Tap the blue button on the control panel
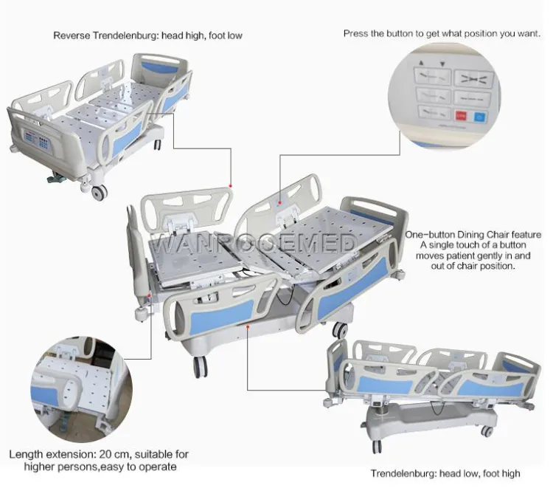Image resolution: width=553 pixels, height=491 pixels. pyautogui.click(x=479, y=117)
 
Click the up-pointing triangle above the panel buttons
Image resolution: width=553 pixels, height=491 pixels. pyautogui.click(x=421, y=63)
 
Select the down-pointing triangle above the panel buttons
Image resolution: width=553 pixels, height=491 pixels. pyautogui.click(x=442, y=64)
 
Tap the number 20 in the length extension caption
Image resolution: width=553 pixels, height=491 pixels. pyautogui.click(x=105, y=454)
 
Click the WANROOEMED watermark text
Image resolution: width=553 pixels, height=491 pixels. pyautogui.click(x=255, y=243)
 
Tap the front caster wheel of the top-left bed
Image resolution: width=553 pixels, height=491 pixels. pyautogui.click(x=99, y=193)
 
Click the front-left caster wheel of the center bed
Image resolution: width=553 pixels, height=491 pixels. pyautogui.click(x=200, y=367)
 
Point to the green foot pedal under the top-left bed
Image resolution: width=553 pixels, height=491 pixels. pyautogui.click(x=56, y=179)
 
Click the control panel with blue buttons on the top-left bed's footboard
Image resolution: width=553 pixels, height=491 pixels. pyautogui.click(x=37, y=140)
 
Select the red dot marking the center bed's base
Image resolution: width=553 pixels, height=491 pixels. pyautogui.click(x=248, y=327)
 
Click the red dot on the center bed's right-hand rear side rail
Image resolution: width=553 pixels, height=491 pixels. pyautogui.click(x=279, y=203)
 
